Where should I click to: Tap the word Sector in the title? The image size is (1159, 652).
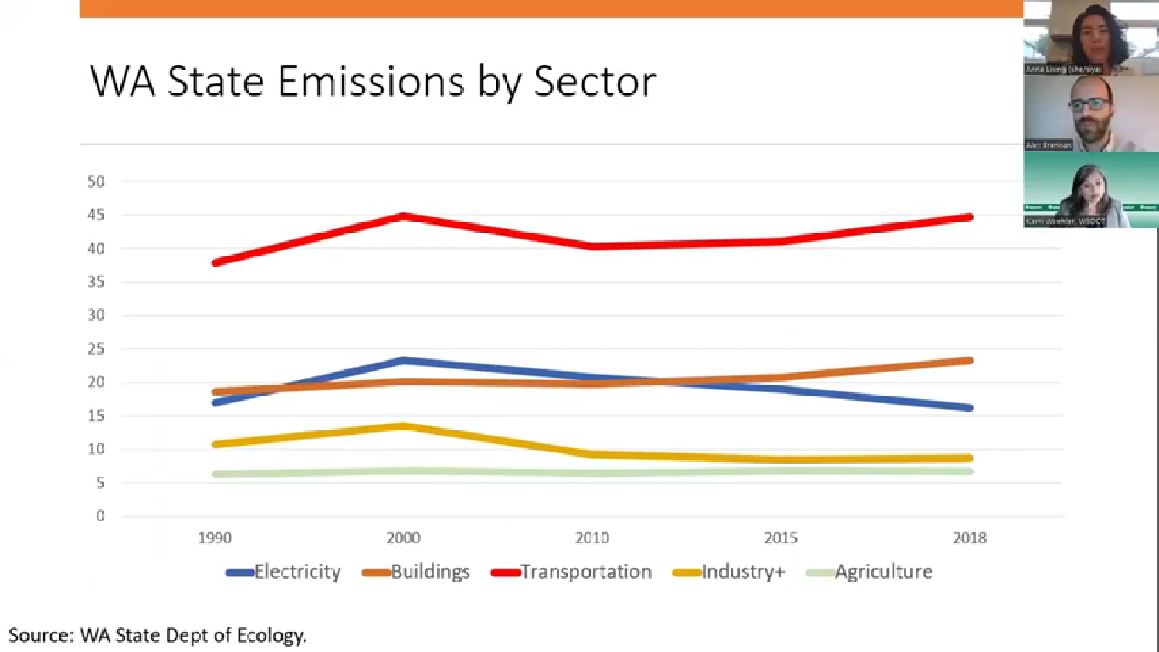point(595,82)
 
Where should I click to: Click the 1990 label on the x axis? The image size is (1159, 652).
point(216,538)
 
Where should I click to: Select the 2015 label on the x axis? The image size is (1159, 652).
point(781,538)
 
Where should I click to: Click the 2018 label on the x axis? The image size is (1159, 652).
point(970,538)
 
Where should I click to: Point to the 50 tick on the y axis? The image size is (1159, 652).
point(96,182)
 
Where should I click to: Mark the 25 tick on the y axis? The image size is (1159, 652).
point(96,349)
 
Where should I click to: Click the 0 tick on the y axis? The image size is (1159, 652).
point(100,516)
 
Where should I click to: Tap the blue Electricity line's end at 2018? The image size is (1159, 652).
point(969,407)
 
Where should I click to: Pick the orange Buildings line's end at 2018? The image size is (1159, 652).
point(969,361)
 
